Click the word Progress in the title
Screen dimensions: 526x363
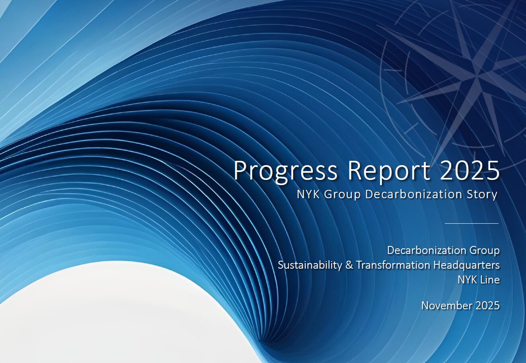tap(286, 172)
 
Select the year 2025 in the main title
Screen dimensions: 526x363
tap(470, 170)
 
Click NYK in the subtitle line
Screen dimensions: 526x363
tap(308, 194)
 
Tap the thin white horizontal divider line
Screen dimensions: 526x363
tap(471, 223)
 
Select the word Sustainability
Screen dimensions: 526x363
tap(310, 265)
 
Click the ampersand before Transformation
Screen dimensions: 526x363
tap(349, 265)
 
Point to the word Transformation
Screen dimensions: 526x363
tap(394, 265)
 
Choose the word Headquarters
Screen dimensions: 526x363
tap(467, 265)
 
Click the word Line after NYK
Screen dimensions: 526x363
tap(490, 280)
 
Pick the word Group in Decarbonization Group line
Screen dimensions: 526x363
tap(485, 251)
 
